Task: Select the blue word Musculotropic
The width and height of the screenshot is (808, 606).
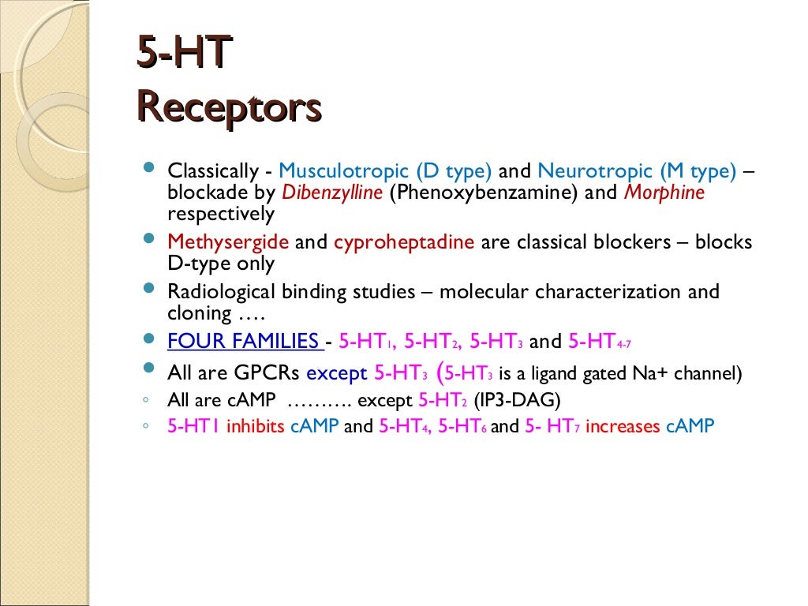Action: click(x=343, y=171)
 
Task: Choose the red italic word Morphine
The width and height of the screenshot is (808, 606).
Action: click(x=664, y=193)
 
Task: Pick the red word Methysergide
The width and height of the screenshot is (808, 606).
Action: click(x=228, y=242)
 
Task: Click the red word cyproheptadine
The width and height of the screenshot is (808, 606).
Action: click(x=404, y=242)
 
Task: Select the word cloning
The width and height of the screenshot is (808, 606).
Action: click(x=199, y=313)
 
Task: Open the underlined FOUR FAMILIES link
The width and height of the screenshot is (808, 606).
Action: click(x=244, y=342)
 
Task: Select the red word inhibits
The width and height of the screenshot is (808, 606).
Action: click(x=256, y=427)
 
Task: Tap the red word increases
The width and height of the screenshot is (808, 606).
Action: click(x=623, y=427)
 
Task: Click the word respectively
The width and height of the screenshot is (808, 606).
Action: click(x=221, y=214)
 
